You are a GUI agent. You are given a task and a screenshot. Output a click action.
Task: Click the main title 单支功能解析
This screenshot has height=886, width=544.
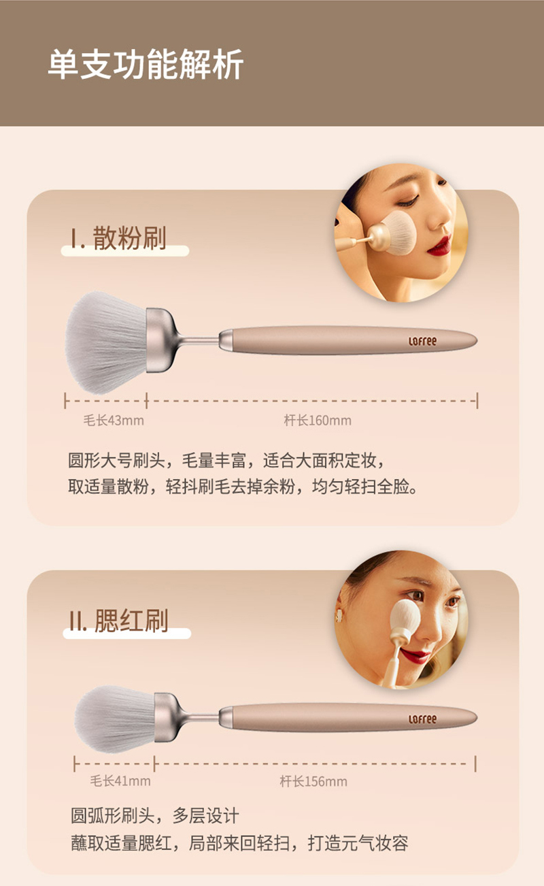pyautogui.click(x=145, y=65)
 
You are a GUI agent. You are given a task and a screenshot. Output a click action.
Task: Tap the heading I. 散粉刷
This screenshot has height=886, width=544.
pyautogui.click(x=118, y=238)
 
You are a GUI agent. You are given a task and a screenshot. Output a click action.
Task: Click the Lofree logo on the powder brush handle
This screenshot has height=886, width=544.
pyautogui.click(x=423, y=341)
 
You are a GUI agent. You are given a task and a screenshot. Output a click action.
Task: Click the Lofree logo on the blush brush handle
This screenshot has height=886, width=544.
pyautogui.click(x=423, y=719)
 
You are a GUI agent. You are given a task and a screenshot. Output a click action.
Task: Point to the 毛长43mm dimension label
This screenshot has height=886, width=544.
pyautogui.click(x=114, y=420)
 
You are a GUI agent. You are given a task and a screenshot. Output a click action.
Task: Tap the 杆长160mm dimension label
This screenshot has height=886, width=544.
pyautogui.click(x=318, y=420)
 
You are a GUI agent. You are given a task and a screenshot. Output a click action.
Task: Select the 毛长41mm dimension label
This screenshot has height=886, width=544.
pyautogui.click(x=120, y=781)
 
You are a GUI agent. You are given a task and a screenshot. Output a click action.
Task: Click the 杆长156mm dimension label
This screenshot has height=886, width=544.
pyautogui.click(x=313, y=781)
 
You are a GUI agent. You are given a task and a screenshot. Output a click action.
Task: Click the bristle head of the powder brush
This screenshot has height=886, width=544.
pyautogui.click(x=106, y=342)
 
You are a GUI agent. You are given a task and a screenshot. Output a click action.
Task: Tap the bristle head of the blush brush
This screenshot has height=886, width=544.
pyautogui.click(x=115, y=719)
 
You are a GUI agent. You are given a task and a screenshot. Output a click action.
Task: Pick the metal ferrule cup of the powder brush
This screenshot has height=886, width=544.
pyautogui.click(x=162, y=340)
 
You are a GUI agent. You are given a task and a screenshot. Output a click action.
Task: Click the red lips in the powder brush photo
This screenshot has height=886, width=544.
pyautogui.click(x=439, y=245)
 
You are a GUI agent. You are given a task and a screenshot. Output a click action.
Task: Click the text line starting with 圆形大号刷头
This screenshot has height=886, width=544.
pyautogui.click(x=226, y=461)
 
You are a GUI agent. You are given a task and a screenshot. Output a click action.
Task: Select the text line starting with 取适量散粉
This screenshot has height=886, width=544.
pyautogui.click(x=242, y=487)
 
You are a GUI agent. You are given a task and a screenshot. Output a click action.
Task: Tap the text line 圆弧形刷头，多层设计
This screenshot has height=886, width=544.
pyautogui.click(x=155, y=816)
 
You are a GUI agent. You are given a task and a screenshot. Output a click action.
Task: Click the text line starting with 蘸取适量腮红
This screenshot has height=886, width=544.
pyautogui.click(x=239, y=842)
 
